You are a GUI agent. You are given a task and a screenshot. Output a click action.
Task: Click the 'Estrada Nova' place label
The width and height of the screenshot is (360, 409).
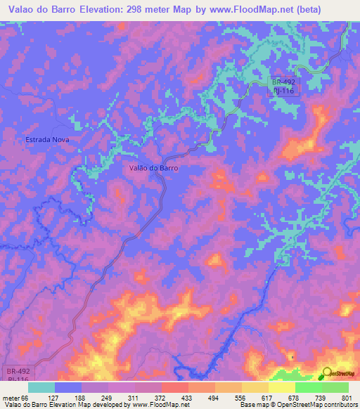[49, 139]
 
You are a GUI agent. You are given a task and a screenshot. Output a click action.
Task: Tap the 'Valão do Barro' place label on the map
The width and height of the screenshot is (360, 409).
[154, 168]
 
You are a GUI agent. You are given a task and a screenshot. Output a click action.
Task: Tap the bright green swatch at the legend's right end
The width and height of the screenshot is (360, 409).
[335, 387]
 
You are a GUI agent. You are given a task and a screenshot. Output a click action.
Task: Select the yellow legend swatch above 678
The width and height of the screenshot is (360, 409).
[281, 387]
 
